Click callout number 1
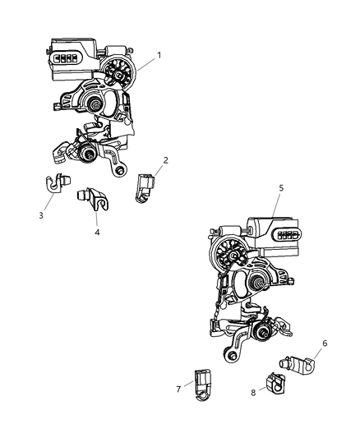point(159,55)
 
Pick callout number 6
point(324,343)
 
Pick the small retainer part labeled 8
point(274,382)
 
